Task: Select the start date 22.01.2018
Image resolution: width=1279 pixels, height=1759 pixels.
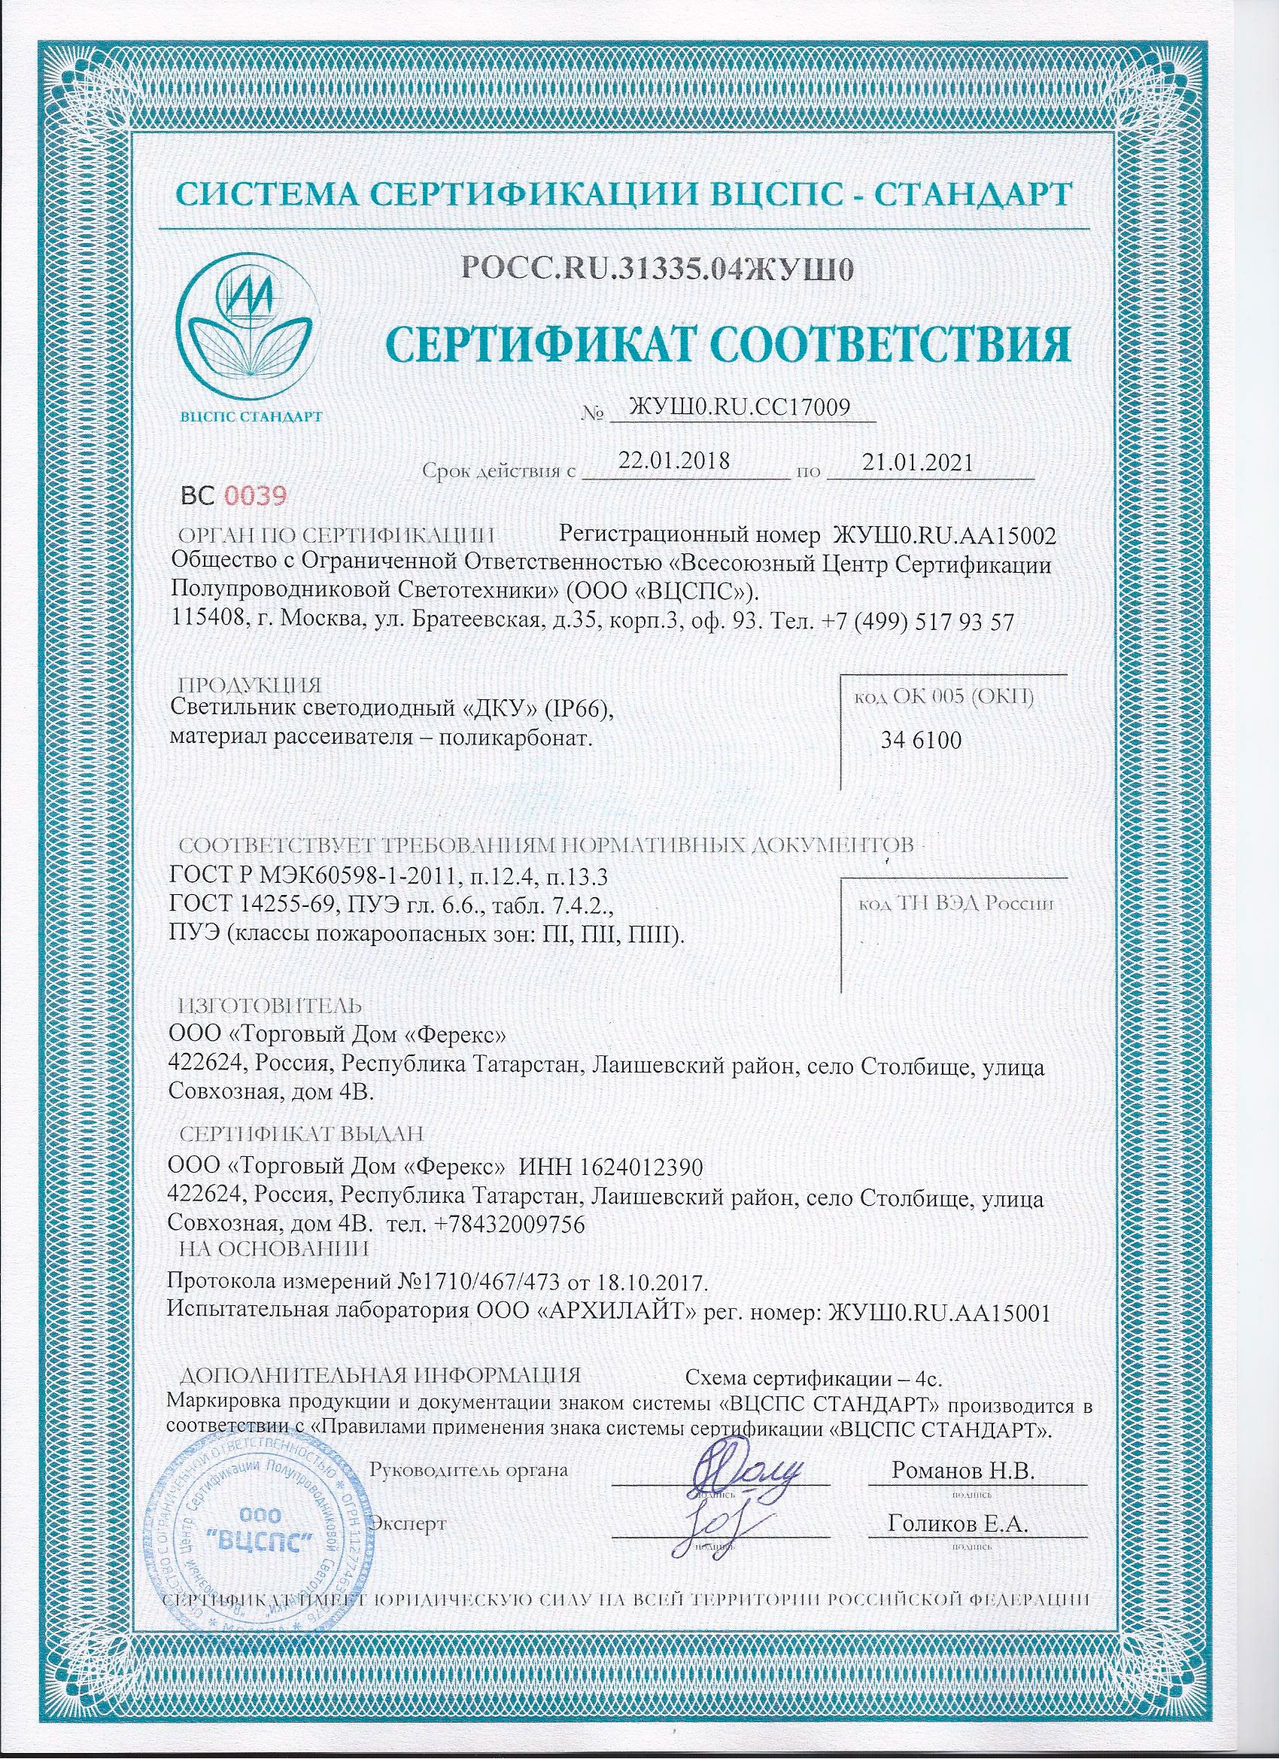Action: (673, 461)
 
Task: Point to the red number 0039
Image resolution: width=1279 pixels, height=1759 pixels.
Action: (255, 495)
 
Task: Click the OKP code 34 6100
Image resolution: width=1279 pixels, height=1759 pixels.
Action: (921, 740)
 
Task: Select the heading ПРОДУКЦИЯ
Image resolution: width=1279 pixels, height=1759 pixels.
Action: (249, 686)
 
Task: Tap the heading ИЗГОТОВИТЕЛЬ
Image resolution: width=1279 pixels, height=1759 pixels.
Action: (271, 1006)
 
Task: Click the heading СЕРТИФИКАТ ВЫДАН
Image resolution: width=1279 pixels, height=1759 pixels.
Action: (302, 1134)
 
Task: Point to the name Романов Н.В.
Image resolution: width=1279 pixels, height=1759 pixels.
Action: (964, 1471)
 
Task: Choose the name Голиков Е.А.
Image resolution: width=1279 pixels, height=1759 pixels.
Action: (958, 1524)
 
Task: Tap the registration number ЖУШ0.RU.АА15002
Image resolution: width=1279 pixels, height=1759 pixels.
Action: (944, 535)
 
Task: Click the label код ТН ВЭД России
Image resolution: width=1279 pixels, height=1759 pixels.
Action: (955, 903)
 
